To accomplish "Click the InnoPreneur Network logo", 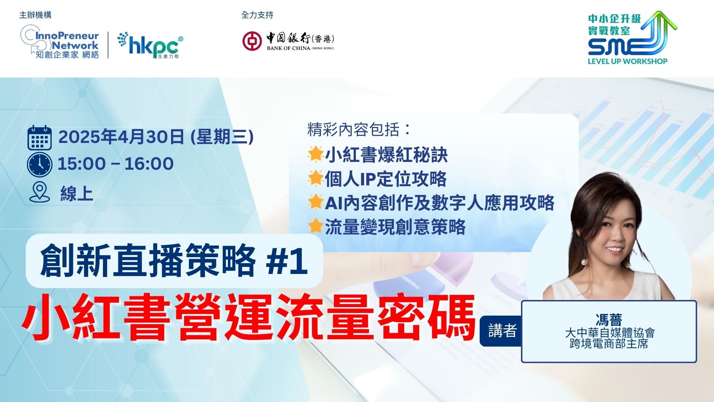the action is point(60,42).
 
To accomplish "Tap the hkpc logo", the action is point(150,45).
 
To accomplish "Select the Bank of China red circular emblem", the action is point(252,41).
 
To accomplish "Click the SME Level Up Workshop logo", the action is point(632,38).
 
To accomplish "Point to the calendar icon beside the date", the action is point(39,137).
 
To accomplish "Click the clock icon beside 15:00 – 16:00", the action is point(39,164).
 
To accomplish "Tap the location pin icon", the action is point(39,192).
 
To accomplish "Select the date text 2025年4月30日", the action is point(121,137).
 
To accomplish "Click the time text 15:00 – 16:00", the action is point(116,164).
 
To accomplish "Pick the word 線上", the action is point(77,194).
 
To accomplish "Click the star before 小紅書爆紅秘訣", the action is point(315,154).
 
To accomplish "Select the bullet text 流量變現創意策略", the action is point(395,227).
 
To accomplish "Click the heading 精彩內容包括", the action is point(356,130).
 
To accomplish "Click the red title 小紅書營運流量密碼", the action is point(249,317).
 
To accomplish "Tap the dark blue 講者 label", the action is point(502,331).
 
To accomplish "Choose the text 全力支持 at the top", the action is point(257,15).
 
